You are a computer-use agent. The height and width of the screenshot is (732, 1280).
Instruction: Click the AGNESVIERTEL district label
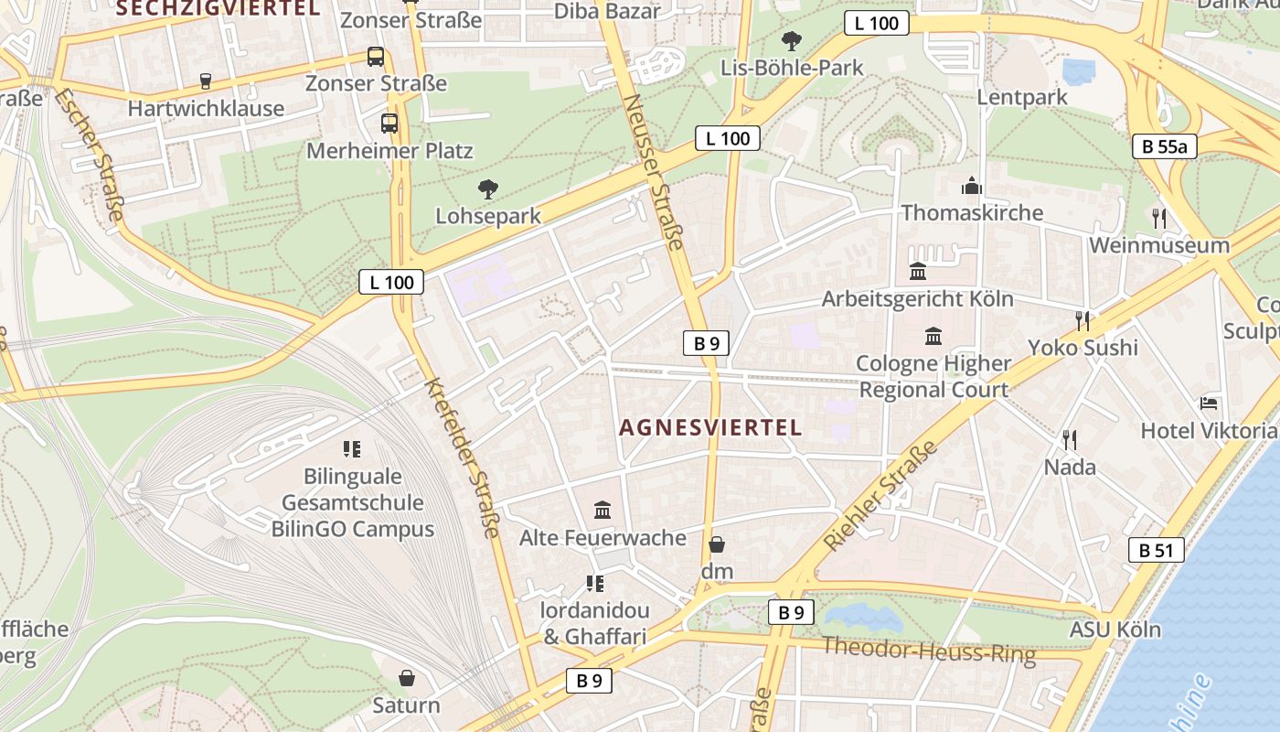pos(710,427)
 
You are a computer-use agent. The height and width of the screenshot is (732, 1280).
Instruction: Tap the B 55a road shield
pos(1164,145)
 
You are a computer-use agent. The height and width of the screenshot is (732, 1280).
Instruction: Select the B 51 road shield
pos(1156,550)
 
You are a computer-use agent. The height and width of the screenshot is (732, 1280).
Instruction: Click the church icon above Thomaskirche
pos(971,188)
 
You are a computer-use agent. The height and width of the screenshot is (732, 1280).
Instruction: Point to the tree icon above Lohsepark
pos(488,189)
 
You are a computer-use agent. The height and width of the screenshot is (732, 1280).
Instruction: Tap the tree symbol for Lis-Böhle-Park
pos(791,41)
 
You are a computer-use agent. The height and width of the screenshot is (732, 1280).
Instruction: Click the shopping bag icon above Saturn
pos(407,678)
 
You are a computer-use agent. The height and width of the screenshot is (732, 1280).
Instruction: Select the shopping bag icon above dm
pos(717,545)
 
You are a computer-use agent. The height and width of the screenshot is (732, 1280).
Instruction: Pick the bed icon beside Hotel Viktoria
pos(1209,403)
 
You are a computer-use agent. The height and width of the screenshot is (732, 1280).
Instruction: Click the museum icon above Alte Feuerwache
pos(603,510)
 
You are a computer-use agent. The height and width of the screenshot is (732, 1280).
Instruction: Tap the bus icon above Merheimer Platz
pos(389,123)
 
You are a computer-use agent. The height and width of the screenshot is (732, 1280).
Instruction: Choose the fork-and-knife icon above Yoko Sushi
pos(1083,320)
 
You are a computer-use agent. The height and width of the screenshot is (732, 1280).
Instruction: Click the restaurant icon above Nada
pos(1070,440)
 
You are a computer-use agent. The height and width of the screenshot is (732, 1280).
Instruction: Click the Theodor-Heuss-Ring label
pos(929,651)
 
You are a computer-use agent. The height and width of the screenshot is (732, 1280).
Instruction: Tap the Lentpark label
pos(1022,97)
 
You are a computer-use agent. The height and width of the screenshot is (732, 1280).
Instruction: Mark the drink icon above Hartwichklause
pos(206,81)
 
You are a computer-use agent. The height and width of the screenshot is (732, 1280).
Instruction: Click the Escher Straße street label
pos(89,154)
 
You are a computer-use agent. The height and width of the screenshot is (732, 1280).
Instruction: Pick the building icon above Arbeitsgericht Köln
pos(918,272)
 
